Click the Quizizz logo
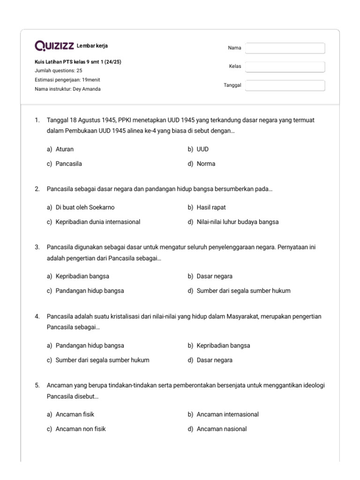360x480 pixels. [54, 46]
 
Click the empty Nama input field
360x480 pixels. [285, 48]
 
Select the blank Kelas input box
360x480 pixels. [285, 67]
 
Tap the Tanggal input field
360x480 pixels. [285, 85]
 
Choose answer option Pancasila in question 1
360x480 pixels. [68, 164]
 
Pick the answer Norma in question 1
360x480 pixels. [206, 164]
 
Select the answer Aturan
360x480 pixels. [64, 149]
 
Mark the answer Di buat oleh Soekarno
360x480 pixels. [85, 207]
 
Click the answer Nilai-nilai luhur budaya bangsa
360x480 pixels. [237, 222]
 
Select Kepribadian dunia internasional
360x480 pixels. [97, 222]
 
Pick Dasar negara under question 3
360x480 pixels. [214, 276]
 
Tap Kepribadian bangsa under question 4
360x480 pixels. [223, 345]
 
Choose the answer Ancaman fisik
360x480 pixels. [75, 414]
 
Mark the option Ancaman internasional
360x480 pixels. [227, 414]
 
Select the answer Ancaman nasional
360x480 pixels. [221, 429]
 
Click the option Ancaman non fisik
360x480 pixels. [80, 429]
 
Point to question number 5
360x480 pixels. [37, 385]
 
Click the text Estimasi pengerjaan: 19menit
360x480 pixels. [67, 80]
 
